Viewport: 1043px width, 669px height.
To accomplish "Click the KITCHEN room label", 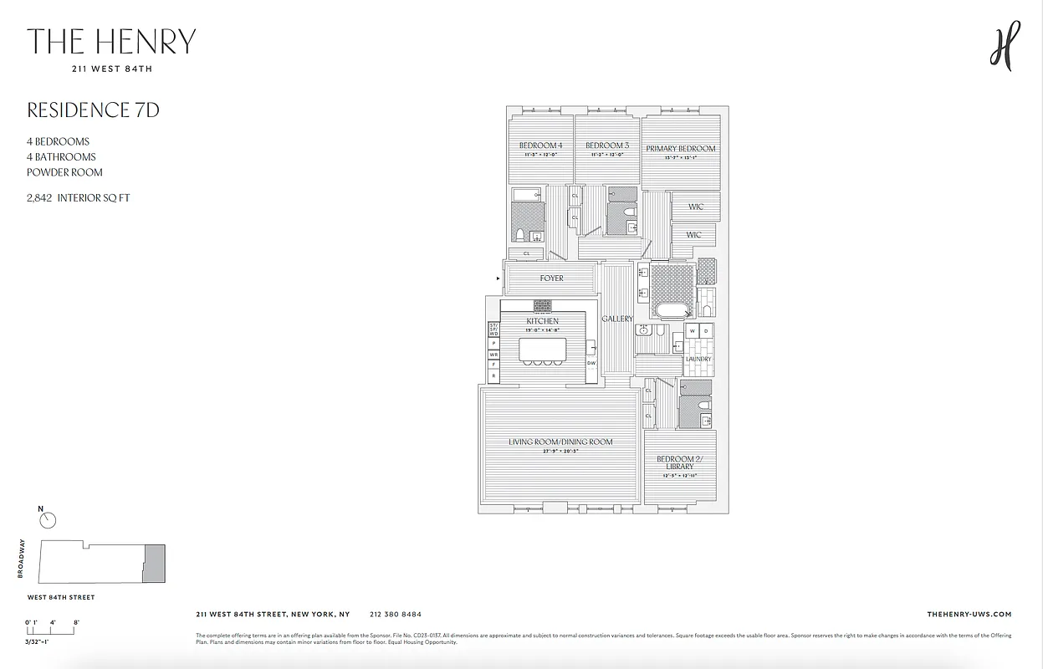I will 542,321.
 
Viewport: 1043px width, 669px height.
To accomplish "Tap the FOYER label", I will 551,278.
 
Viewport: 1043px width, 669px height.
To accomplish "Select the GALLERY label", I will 617,319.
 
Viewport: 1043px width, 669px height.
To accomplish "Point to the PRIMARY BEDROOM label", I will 681,149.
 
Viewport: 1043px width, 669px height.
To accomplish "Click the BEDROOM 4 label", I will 539,146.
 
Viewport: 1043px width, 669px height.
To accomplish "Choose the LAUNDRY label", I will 698,360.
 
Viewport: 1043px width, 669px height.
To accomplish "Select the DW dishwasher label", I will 591,363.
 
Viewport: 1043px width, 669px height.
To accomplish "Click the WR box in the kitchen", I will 493,355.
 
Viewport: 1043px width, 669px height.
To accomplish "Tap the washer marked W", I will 692,332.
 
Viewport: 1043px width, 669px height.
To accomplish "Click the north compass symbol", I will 49,520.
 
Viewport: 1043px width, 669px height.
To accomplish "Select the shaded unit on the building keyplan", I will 154,563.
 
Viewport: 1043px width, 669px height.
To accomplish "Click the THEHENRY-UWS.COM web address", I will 969,614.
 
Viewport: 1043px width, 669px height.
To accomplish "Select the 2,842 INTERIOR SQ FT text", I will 78,198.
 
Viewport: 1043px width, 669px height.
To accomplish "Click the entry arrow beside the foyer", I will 499,278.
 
